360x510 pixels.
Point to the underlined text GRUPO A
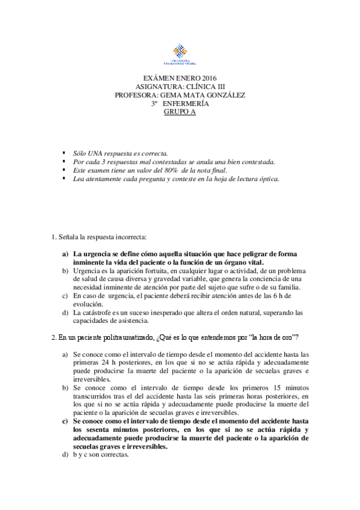click(x=180, y=111)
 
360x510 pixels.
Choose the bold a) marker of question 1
click(x=66, y=254)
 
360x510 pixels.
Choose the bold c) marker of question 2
click(x=66, y=422)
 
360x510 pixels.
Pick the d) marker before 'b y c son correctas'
click(x=66, y=455)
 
